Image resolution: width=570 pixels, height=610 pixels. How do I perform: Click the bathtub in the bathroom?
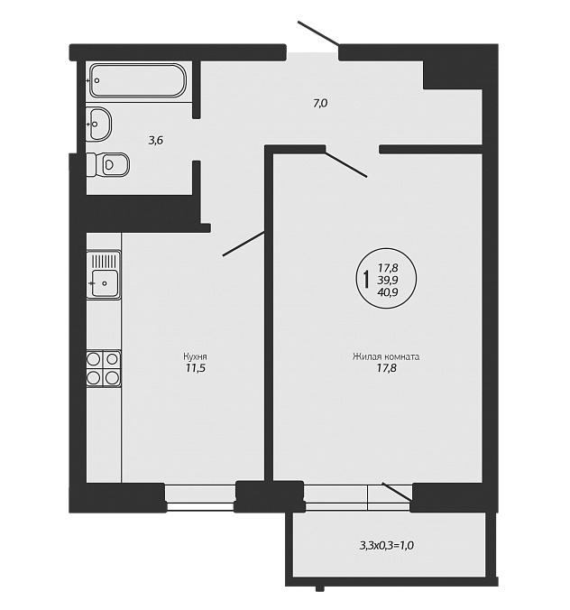(138, 80)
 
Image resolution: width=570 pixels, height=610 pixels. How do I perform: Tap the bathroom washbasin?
(99, 124)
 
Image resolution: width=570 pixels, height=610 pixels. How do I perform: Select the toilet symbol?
(107, 164)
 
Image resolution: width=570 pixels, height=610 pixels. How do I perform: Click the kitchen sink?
(104, 274)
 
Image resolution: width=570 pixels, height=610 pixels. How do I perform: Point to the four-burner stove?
(104, 368)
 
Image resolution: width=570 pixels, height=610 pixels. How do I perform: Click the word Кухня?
(195, 356)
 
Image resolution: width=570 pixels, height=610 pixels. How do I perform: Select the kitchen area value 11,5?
(195, 368)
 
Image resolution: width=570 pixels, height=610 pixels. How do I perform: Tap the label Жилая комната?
(386, 356)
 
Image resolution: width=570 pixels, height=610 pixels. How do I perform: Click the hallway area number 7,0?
(320, 104)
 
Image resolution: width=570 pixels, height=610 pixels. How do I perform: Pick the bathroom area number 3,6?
(155, 141)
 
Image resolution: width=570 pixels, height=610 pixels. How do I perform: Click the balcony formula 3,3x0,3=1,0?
(387, 545)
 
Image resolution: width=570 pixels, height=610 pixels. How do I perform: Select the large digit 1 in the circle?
(365, 280)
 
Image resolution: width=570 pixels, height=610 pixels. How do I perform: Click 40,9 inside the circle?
(387, 292)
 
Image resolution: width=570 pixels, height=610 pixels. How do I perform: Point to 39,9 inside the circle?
(387, 280)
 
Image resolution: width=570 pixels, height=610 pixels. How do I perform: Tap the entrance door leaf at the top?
(318, 32)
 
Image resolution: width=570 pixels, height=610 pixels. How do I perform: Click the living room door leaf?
(346, 164)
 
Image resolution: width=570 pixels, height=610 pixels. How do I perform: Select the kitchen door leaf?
(244, 244)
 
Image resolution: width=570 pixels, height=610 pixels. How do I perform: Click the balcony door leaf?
(398, 492)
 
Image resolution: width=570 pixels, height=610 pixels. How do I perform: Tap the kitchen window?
(200, 497)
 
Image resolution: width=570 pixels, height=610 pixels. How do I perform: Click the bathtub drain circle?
(97, 80)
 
